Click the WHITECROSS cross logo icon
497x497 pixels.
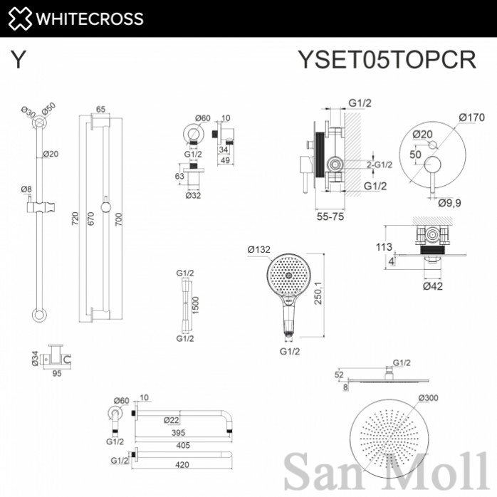(20, 19)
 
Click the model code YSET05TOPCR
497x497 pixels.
(387, 59)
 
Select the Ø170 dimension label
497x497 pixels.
(471, 117)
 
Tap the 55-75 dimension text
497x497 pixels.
(330, 216)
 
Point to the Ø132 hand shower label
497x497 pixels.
(258, 250)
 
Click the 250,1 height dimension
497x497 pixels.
(318, 293)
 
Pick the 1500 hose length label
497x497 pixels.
(195, 305)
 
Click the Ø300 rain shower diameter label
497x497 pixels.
(428, 397)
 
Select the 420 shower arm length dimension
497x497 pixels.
(182, 465)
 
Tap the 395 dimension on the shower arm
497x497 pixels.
(178, 433)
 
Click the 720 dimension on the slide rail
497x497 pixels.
(75, 219)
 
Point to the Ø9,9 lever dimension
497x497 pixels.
(449, 203)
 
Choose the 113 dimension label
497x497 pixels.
(384, 246)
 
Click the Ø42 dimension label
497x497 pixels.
(433, 286)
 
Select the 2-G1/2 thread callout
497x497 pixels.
(380, 164)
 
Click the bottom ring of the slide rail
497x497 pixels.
(39, 315)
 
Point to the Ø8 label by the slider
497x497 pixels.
(26, 189)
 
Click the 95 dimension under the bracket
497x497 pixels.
(57, 373)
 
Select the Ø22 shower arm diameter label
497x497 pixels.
(171, 420)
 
